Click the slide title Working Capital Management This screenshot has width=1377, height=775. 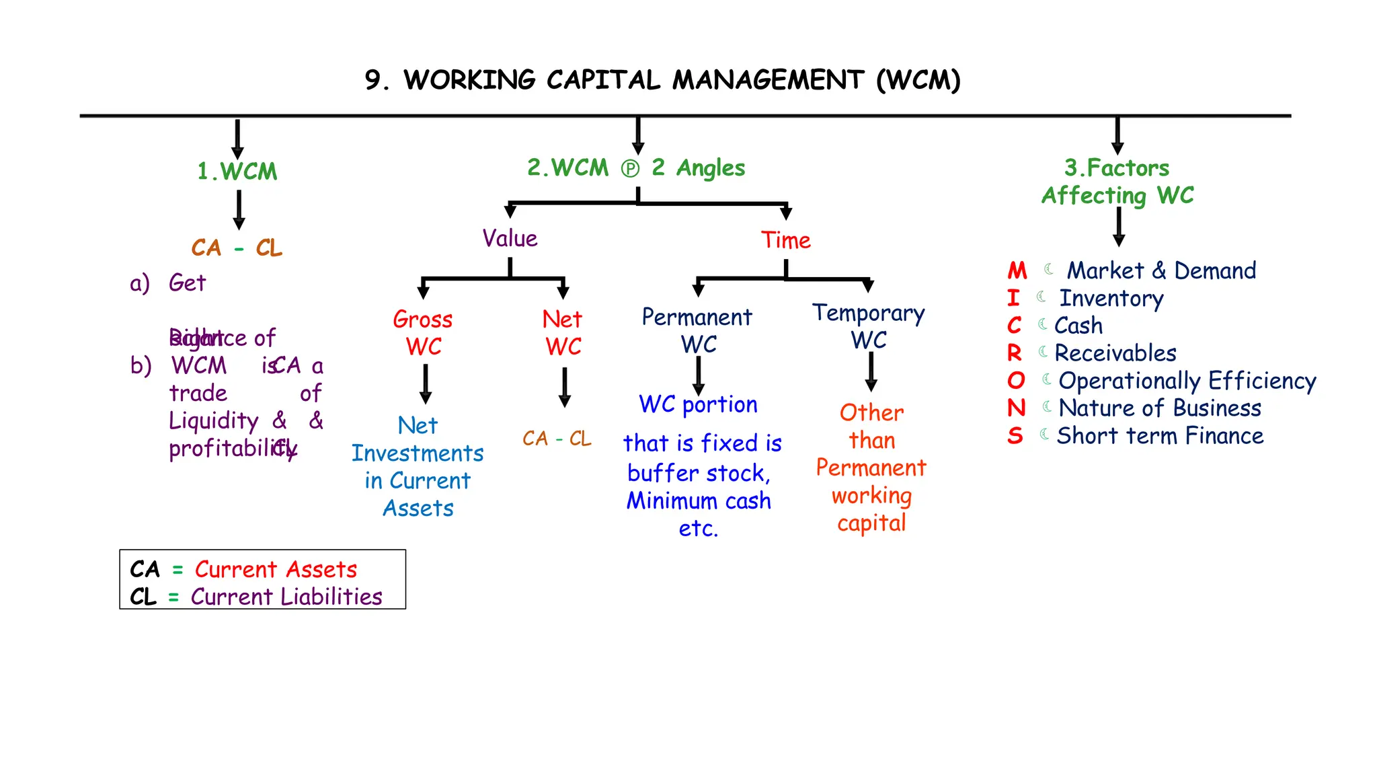pyautogui.click(x=662, y=80)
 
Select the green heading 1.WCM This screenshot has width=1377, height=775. pyautogui.click(x=237, y=172)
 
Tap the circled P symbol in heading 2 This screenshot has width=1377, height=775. pyautogui.click(x=630, y=168)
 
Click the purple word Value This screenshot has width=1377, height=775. pyautogui.click(x=510, y=239)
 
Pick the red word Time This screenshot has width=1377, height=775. pyautogui.click(x=785, y=240)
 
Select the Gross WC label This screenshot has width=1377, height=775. pyautogui.click(x=423, y=332)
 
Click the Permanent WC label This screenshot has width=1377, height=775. pyautogui.click(x=697, y=330)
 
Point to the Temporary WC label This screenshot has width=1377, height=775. pyautogui.click(x=869, y=326)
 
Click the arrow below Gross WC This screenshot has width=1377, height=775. pyautogui.click(x=426, y=384)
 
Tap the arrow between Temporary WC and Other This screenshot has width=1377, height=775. pyautogui.click(x=871, y=371)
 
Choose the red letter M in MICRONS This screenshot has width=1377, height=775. pyautogui.click(x=1017, y=271)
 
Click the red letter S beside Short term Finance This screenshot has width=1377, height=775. pyautogui.click(x=1015, y=436)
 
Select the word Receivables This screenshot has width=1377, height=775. pyautogui.click(x=1115, y=353)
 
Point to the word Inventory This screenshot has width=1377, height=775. pyautogui.click(x=1111, y=298)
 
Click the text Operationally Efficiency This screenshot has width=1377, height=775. pyautogui.click(x=1187, y=381)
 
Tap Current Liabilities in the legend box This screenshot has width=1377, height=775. pyautogui.click(x=286, y=597)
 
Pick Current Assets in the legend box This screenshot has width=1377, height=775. pyautogui.click(x=276, y=569)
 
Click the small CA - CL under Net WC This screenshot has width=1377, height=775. pyautogui.click(x=557, y=439)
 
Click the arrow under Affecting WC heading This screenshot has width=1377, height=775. pyautogui.click(x=1119, y=227)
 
